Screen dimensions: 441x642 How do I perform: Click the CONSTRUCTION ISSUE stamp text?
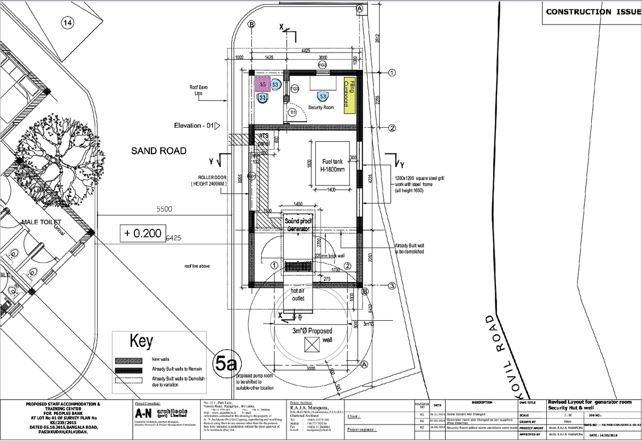(x=591, y=12)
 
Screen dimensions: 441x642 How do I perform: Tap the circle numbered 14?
(x=67, y=22)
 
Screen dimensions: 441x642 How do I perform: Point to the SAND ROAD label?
(x=159, y=151)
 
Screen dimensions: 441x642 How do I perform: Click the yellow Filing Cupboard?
(x=349, y=95)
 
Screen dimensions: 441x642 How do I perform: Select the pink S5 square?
(x=263, y=84)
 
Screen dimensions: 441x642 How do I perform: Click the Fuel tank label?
(x=332, y=165)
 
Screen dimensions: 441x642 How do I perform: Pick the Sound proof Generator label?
(x=298, y=225)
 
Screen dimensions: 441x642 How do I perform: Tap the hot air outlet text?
(x=297, y=294)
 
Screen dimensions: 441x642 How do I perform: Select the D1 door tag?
(x=292, y=113)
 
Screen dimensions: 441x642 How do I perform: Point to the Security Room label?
(x=321, y=107)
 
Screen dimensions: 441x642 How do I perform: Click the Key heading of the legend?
(x=141, y=341)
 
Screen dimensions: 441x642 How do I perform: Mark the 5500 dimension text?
(x=164, y=210)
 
